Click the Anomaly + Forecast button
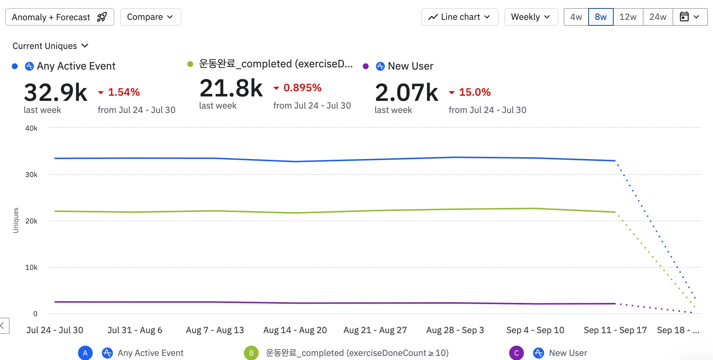(60, 17)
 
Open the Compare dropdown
(150, 17)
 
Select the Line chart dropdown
(460, 17)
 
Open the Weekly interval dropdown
(531, 17)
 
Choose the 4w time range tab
(576, 17)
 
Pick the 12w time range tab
(628, 17)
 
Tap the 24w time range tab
(657, 17)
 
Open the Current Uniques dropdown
(50, 46)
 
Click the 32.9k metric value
(56, 92)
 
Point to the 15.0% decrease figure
(475, 92)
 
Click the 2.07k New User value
(407, 92)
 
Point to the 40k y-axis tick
(31, 128)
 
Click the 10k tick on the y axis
(31, 267)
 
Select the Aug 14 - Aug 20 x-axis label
(295, 330)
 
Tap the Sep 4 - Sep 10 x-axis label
(535, 330)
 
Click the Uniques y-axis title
(15, 220)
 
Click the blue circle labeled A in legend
(85, 353)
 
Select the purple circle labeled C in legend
(516, 353)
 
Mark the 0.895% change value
(302, 88)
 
